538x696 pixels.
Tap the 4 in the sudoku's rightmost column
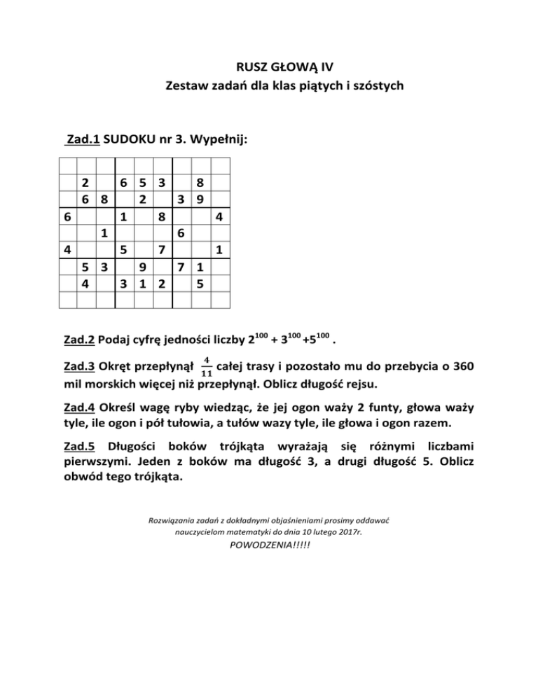[219, 217]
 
